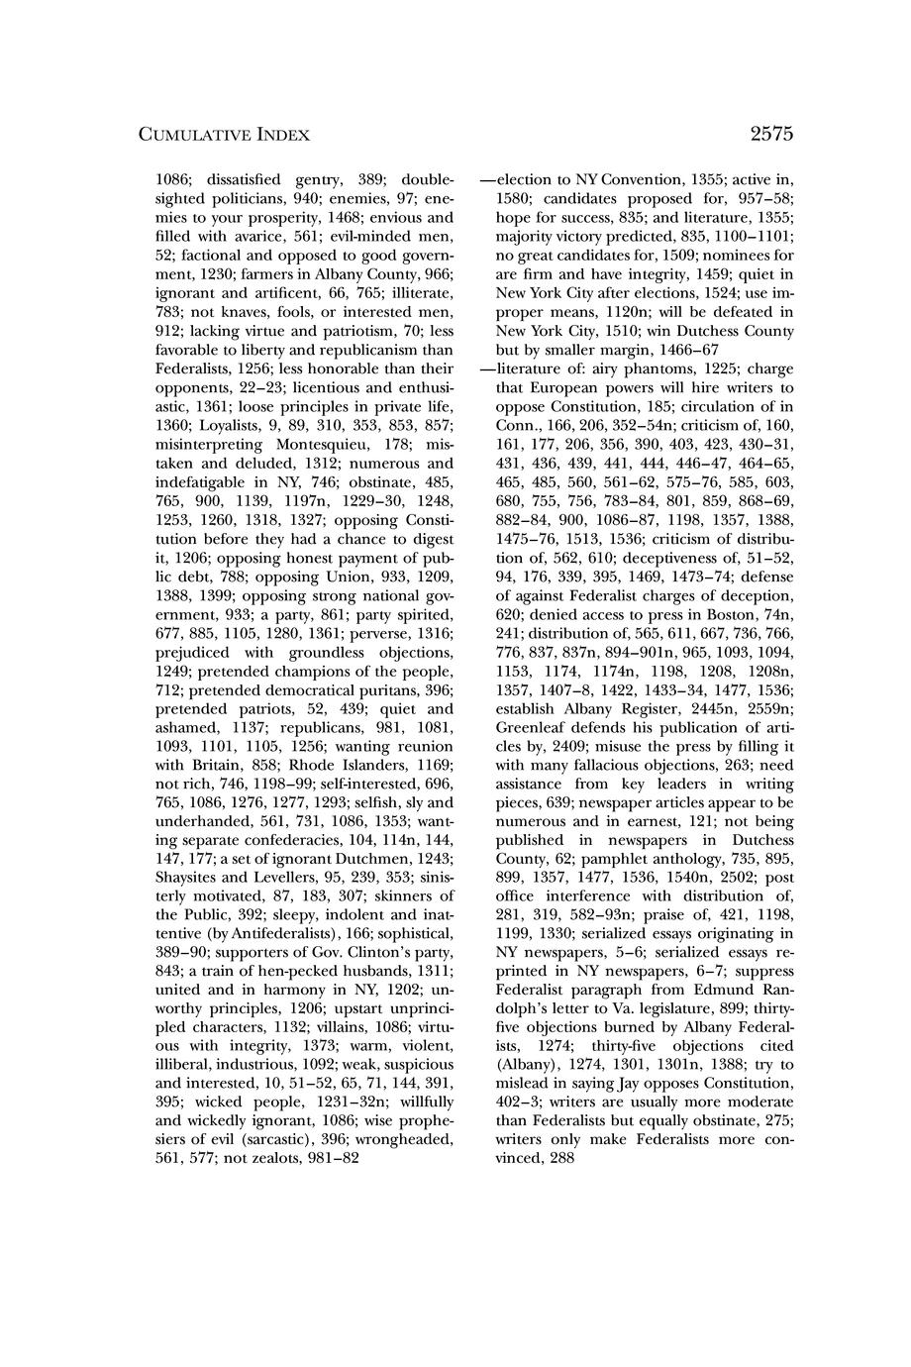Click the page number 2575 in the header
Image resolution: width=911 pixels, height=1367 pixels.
(772, 134)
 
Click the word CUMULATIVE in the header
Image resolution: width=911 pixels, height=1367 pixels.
(185, 135)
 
